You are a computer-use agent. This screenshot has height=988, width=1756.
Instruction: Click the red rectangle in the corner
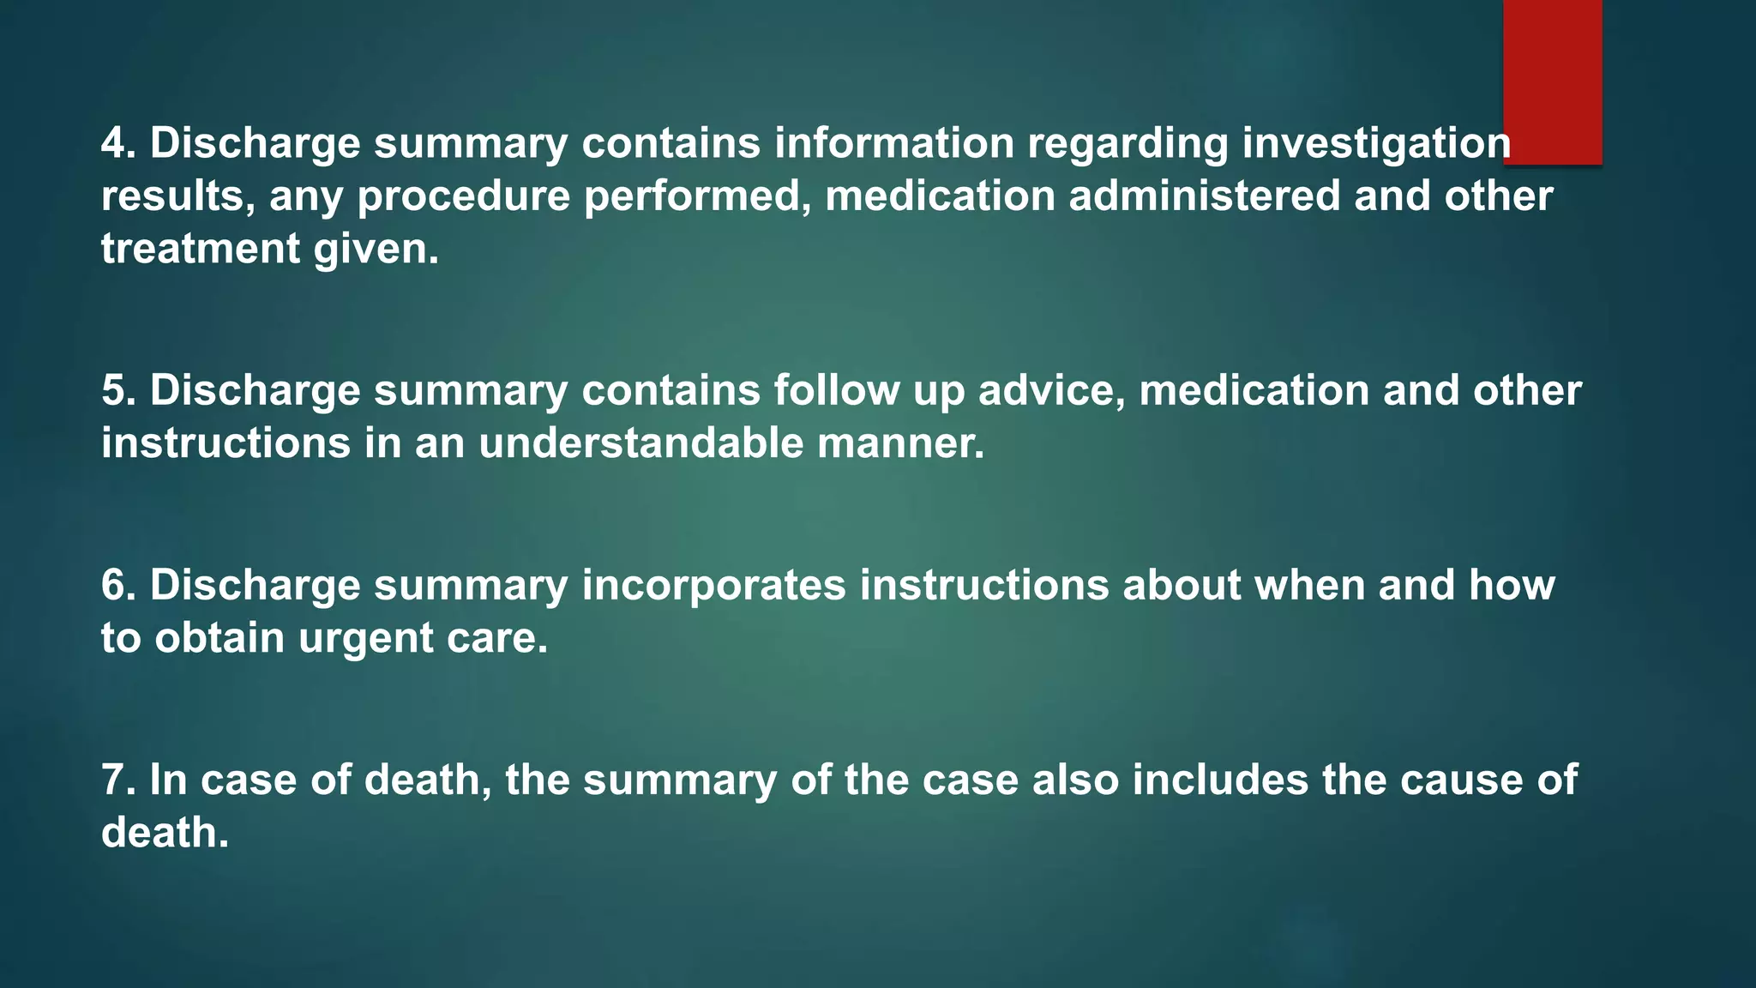pyautogui.click(x=1552, y=81)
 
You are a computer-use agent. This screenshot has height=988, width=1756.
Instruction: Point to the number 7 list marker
pyautogui.click(x=114, y=780)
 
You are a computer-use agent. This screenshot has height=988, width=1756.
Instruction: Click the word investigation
pyautogui.click(x=1375, y=144)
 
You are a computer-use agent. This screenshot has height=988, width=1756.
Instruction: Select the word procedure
pyautogui.click(x=463, y=197)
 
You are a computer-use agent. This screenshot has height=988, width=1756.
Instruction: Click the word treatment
pyautogui.click(x=200, y=249)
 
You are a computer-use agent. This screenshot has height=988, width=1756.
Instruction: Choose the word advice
pyautogui.click(x=1051, y=390)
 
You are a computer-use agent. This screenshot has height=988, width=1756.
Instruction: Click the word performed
pyautogui.click(x=697, y=197)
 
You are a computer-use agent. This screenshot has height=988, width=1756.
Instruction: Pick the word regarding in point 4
pyautogui.click(x=1128, y=144)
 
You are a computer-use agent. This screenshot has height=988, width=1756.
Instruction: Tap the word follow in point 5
pyautogui.click(x=836, y=390)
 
